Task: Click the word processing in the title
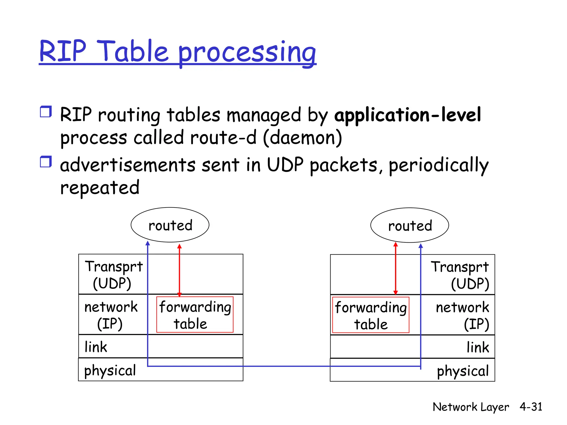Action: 247,53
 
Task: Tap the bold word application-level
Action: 408,115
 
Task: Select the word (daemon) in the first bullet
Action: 302,138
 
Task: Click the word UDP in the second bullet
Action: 285,165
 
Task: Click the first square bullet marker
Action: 46,112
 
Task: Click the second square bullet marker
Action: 46,162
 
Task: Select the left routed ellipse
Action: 170,225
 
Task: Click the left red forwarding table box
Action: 195,315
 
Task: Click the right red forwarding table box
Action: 370,315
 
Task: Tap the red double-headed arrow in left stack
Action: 179,270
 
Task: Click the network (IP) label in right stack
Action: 462,315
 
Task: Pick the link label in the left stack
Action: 96,347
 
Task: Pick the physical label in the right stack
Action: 463,371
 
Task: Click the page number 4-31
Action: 531,407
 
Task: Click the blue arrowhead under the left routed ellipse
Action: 148,243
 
